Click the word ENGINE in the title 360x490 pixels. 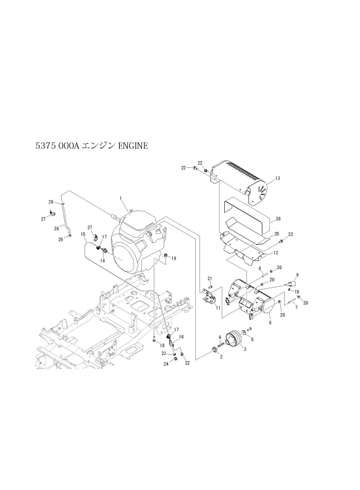pyautogui.click(x=133, y=146)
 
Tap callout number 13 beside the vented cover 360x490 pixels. pyautogui.click(x=277, y=178)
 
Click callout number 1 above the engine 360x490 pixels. pyautogui.click(x=121, y=198)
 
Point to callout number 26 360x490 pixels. pyautogui.click(x=278, y=218)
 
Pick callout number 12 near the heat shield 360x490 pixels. pyautogui.click(x=275, y=253)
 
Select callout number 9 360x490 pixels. pyautogui.click(x=297, y=275)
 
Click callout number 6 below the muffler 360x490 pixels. pyautogui.click(x=270, y=323)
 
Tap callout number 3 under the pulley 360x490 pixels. pyautogui.click(x=245, y=349)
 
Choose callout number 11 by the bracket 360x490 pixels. pyautogui.click(x=218, y=308)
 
